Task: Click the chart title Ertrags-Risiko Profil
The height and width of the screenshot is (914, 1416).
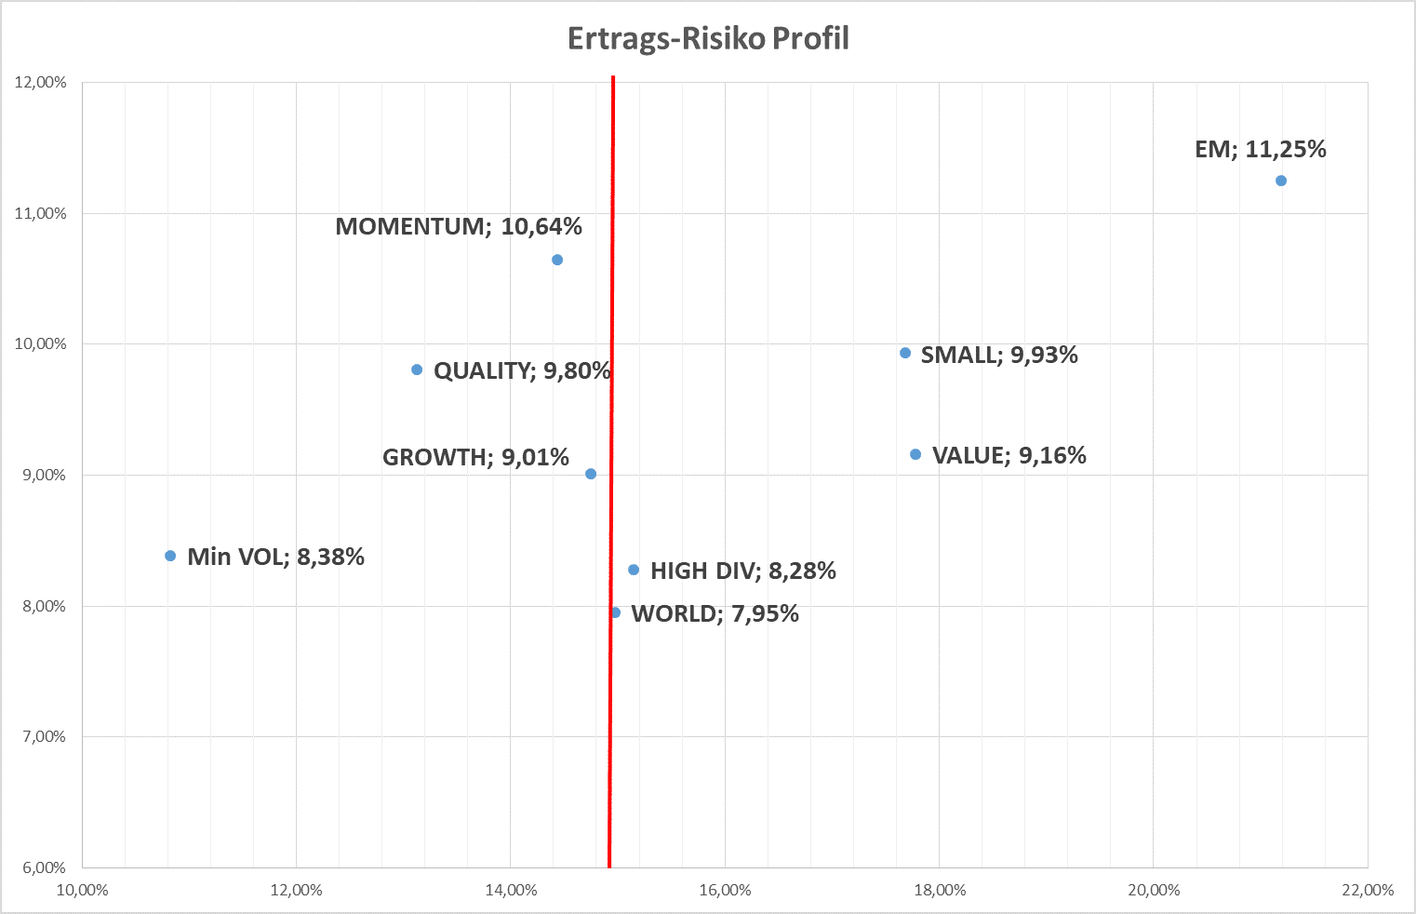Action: (x=708, y=39)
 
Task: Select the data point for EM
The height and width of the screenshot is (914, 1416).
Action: (x=1281, y=181)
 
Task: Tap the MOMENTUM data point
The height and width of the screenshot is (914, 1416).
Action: (x=557, y=260)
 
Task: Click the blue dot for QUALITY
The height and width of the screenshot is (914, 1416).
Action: (x=417, y=370)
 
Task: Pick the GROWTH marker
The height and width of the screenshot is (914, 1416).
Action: (x=591, y=474)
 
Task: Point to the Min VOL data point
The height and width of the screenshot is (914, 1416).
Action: (x=170, y=556)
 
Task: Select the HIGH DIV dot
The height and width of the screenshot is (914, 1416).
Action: (x=634, y=570)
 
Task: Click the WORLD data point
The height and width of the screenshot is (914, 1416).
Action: (x=615, y=612)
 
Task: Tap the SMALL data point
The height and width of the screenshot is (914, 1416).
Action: (x=905, y=353)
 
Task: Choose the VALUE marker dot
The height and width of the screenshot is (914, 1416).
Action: (x=915, y=454)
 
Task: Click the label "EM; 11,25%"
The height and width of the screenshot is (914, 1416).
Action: (x=1261, y=150)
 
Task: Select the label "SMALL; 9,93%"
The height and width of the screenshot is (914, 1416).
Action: (x=999, y=356)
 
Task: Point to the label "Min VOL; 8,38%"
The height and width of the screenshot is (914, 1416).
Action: (x=275, y=557)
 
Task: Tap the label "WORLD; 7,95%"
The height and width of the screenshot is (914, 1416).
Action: (x=715, y=614)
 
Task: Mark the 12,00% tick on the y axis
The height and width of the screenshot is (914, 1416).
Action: (x=41, y=83)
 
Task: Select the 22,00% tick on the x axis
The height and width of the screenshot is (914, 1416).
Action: (x=1368, y=891)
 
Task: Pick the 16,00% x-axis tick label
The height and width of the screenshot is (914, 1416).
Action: (x=725, y=891)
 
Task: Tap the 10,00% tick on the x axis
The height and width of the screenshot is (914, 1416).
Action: (x=83, y=891)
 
